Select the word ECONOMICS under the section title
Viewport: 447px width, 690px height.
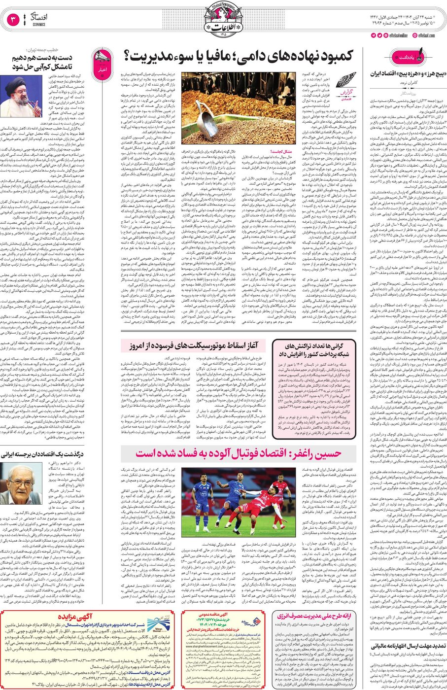[x=39, y=24]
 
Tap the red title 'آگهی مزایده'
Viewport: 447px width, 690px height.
[x=74, y=617]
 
